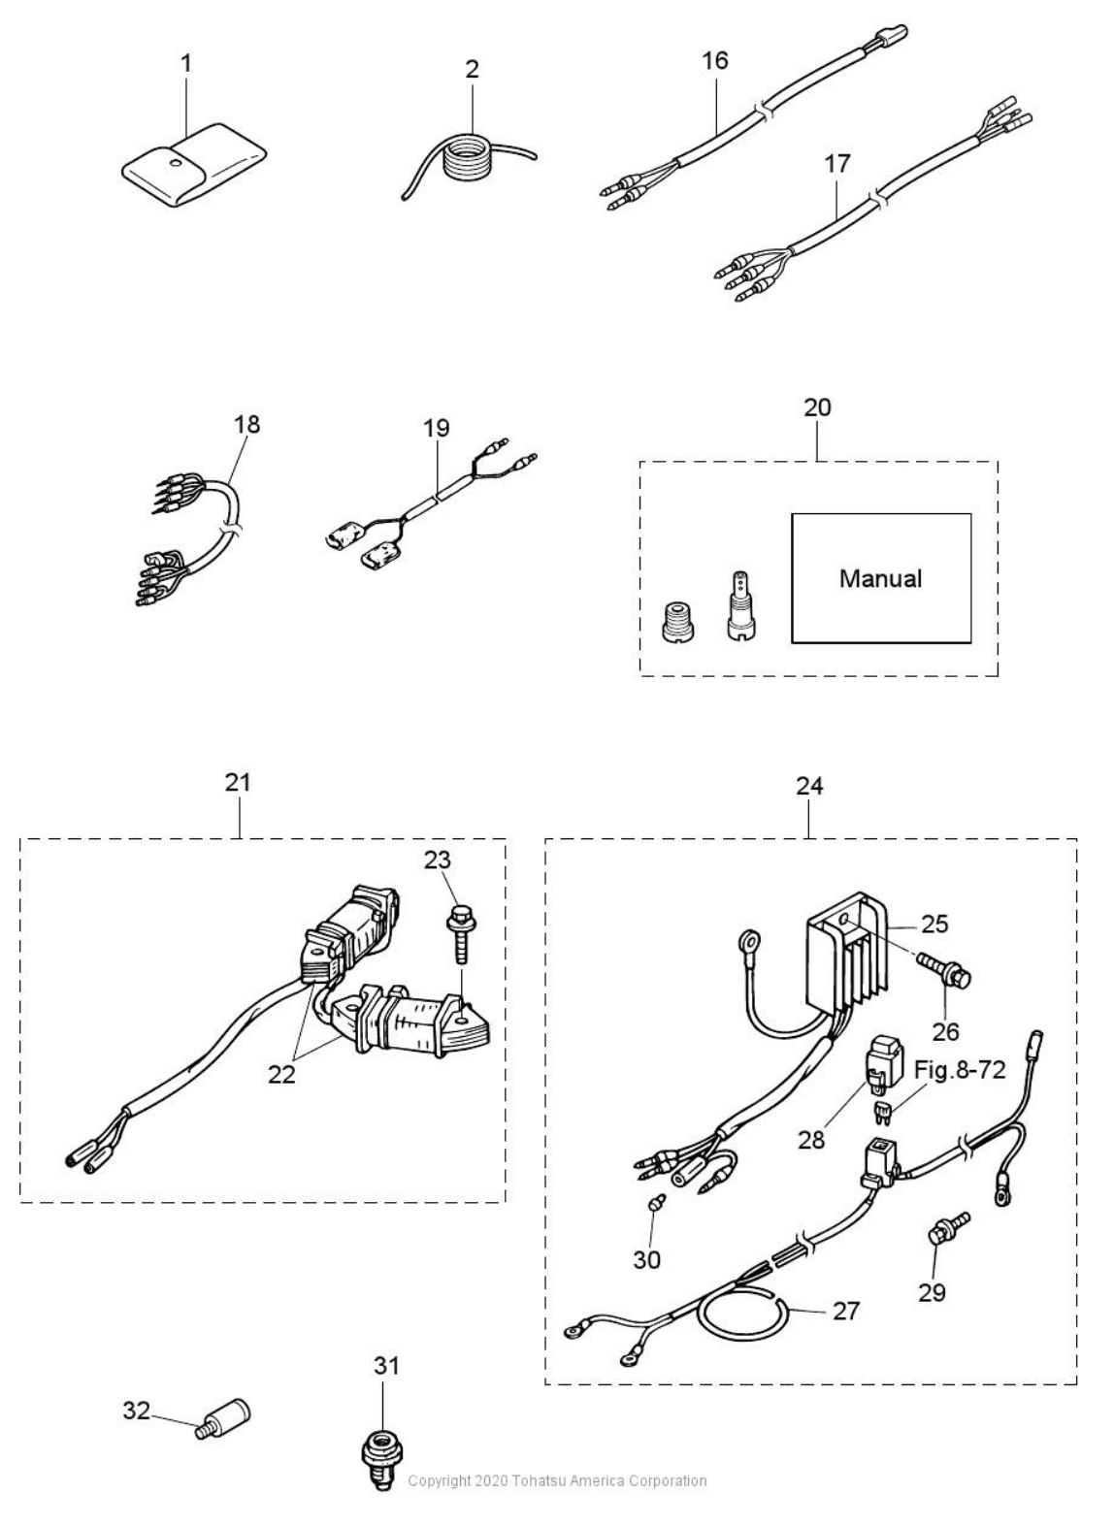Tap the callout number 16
pos(715,60)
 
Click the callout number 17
pos(836,164)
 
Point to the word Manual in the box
pos(880,579)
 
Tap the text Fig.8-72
pos(960,1071)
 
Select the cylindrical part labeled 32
pos(226,1417)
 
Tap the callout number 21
pos(238,782)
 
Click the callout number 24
pos(809,786)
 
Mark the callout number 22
pos(281,1074)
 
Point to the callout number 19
pos(437,428)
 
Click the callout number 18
pos(246,424)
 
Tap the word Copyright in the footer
pos(439,1481)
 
